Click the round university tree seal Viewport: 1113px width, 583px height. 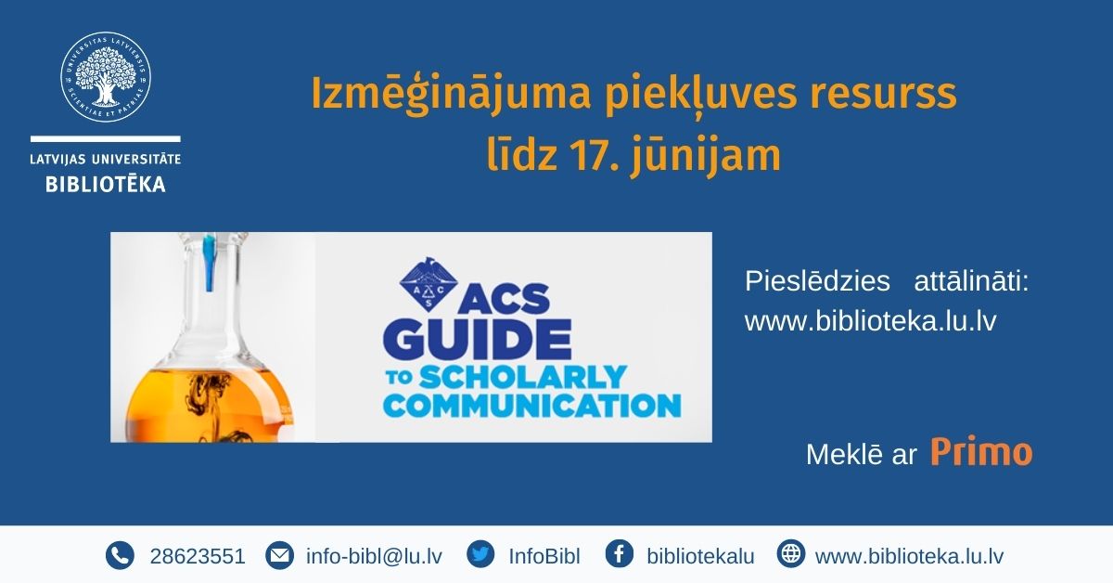point(106,77)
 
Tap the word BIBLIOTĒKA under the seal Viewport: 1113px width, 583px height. point(106,185)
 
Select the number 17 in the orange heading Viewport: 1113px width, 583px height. point(594,156)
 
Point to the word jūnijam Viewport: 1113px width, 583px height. point(707,157)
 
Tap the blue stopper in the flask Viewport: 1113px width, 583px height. point(211,263)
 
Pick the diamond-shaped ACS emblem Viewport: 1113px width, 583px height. point(429,284)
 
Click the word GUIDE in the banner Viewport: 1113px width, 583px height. point(477,339)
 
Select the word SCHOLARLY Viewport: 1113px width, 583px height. point(523,377)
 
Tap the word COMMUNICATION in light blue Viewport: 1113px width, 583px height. point(531,406)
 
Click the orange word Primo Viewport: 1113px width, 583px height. point(981,452)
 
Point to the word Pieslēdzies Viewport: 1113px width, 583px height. point(817,281)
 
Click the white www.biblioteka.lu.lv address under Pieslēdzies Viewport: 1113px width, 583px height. point(871,321)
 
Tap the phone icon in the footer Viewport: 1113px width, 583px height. point(120,555)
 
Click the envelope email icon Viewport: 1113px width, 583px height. point(279,555)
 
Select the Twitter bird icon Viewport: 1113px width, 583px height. point(480,553)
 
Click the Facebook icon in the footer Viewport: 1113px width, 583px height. point(620,553)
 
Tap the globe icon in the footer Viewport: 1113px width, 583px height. point(790,553)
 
